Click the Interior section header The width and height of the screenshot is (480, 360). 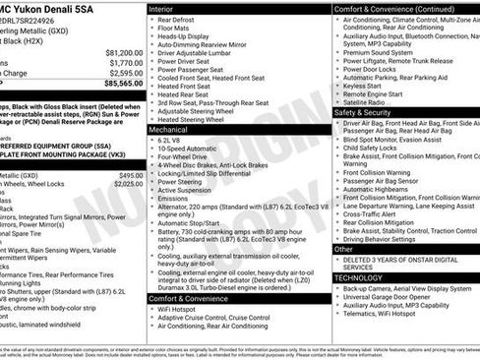click(168, 8)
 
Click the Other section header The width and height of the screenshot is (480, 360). click(344, 249)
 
